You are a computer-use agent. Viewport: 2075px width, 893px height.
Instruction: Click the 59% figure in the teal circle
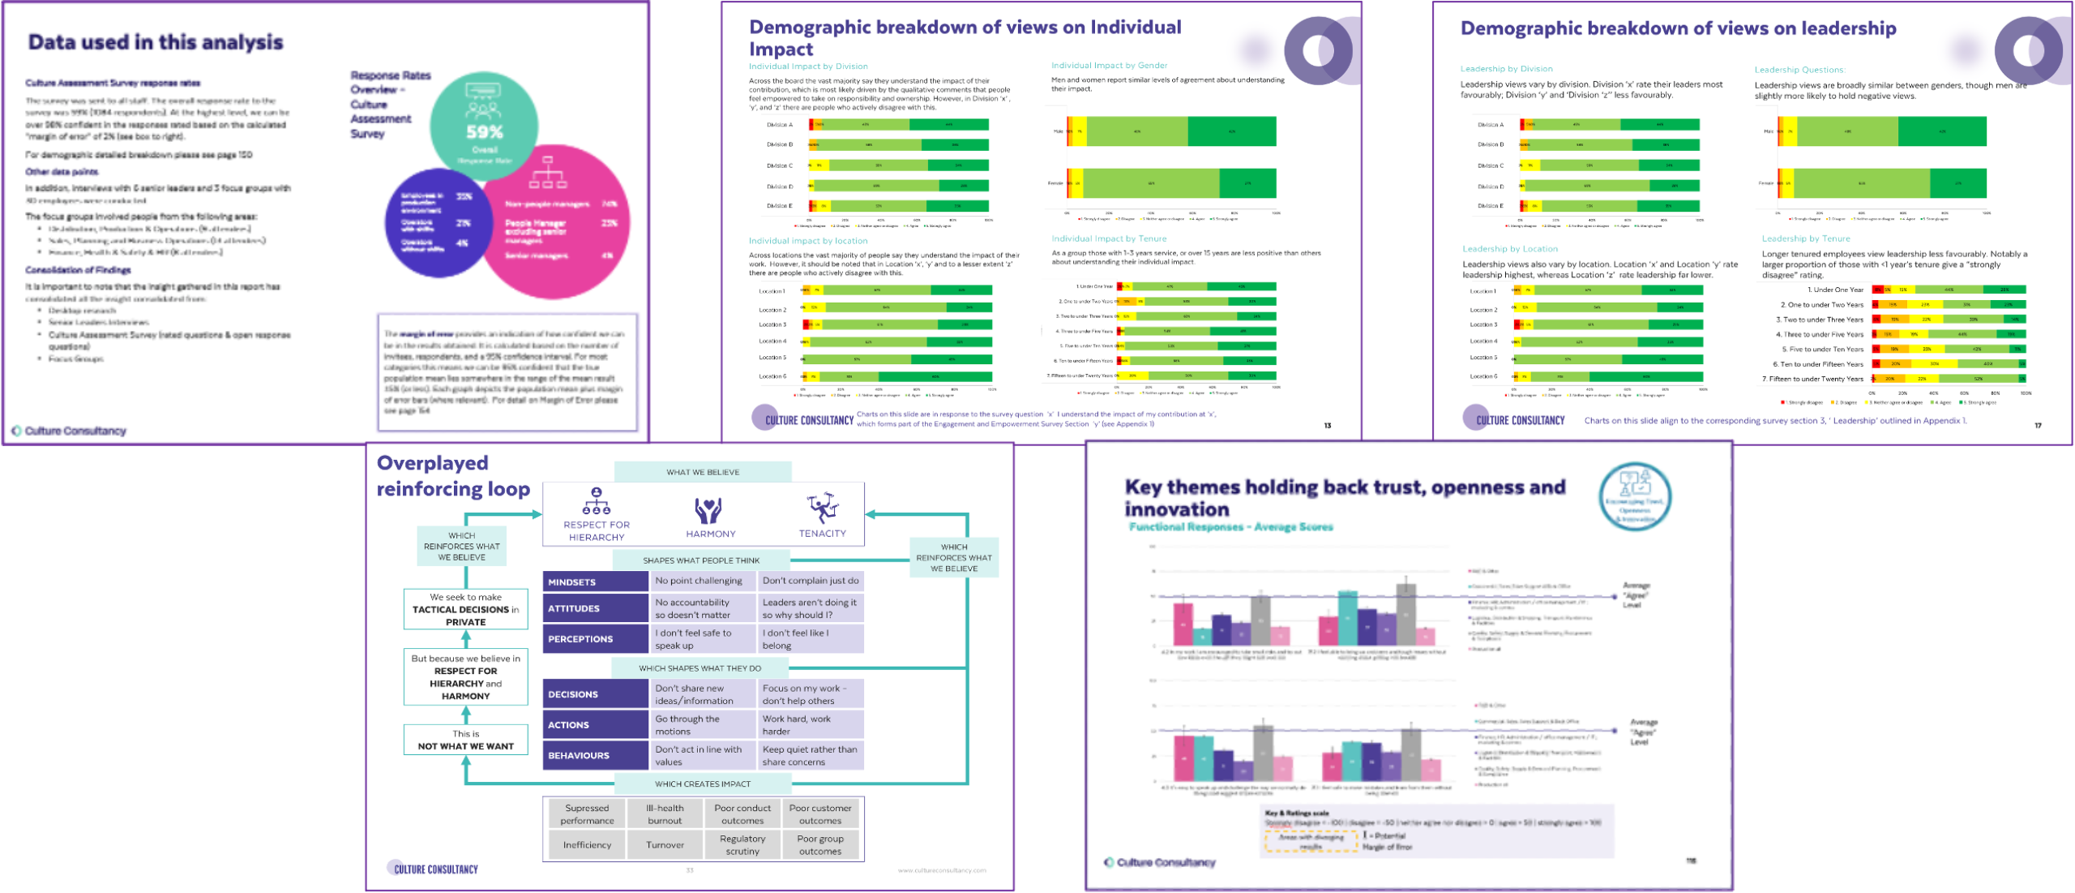coord(485,131)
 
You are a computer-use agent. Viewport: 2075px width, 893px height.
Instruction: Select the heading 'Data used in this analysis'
coord(155,42)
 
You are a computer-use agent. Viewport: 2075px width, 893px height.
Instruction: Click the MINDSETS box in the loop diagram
coord(594,582)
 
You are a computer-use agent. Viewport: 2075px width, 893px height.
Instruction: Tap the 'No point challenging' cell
coord(698,581)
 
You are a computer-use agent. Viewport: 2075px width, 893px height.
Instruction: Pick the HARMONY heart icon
coord(708,510)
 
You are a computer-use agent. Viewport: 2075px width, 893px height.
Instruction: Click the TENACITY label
coord(822,533)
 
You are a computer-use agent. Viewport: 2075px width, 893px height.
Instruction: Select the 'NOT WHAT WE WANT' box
coord(465,740)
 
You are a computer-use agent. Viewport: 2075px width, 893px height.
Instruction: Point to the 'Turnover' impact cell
coord(665,844)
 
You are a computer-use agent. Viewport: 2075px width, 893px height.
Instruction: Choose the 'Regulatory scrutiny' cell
coord(742,844)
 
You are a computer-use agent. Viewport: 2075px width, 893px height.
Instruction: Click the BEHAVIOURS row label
coord(594,755)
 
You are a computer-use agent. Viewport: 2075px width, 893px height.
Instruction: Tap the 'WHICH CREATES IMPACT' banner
coord(702,784)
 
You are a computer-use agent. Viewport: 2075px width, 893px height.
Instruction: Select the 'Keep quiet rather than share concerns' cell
coord(809,755)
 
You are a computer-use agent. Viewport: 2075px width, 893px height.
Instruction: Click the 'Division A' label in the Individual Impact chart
coord(779,125)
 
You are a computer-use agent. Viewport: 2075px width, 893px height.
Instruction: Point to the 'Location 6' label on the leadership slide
coord(1483,376)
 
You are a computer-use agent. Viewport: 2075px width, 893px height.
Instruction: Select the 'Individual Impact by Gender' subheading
coord(1109,66)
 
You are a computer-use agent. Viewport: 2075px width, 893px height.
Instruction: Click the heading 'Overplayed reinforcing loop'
coord(452,475)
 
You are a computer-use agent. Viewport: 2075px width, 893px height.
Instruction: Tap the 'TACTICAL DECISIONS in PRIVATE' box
coord(465,609)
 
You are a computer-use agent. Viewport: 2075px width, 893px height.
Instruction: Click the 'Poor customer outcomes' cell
coord(819,814)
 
